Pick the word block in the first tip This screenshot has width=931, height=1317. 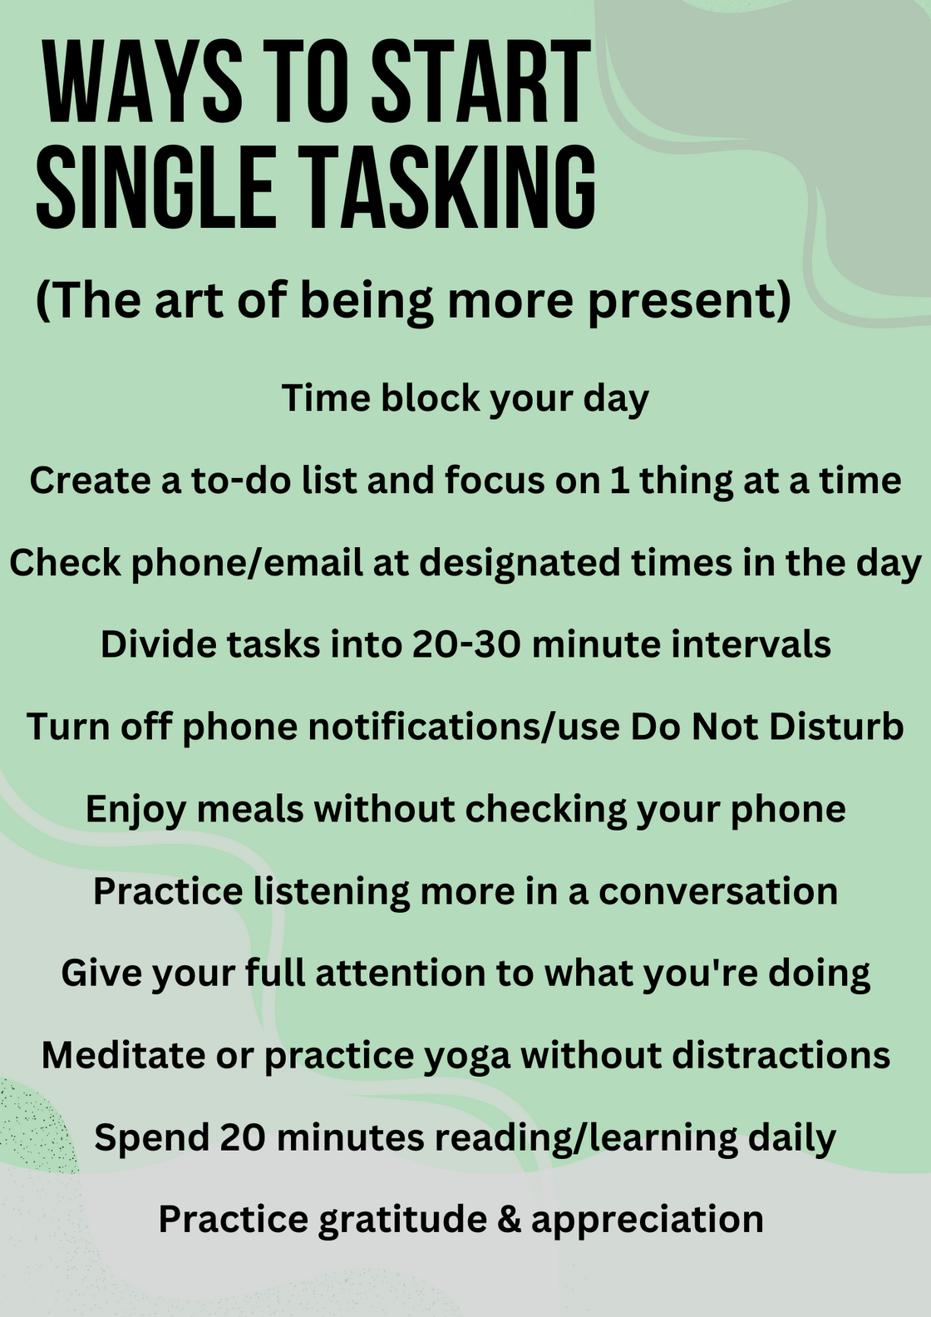pos(431,397)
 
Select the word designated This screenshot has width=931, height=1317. pos(519,562)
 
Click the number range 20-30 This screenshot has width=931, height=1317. pos(466,644)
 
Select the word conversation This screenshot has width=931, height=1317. pos(718,891)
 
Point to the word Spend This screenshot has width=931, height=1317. pos(150,1138)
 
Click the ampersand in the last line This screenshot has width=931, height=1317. pos(508,1220)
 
